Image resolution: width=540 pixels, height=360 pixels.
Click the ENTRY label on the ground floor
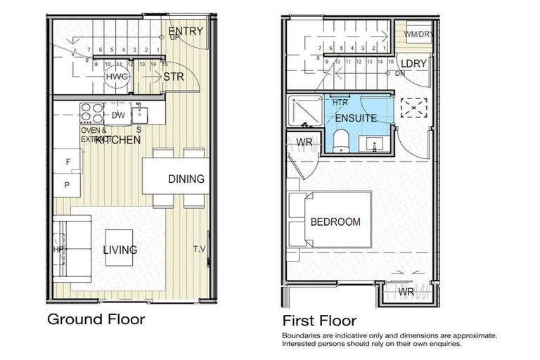[186, 31]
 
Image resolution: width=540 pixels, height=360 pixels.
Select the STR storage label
[173, 77]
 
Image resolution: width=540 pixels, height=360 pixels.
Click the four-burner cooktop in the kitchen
[92, 113]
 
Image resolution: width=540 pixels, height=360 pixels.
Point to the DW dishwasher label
[119, 115]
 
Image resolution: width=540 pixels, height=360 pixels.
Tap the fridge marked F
[67, 162]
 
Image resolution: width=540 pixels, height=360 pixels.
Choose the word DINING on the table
[186, 179]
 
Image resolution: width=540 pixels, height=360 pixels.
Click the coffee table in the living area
[120, 247]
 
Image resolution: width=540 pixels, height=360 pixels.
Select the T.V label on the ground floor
[199, 249]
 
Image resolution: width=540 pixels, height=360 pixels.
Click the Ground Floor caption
[96, 319]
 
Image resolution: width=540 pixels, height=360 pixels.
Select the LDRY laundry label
[415, 63]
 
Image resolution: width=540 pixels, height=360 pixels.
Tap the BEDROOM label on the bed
[335, 221]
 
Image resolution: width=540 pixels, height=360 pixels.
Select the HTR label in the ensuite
[340, 103]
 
